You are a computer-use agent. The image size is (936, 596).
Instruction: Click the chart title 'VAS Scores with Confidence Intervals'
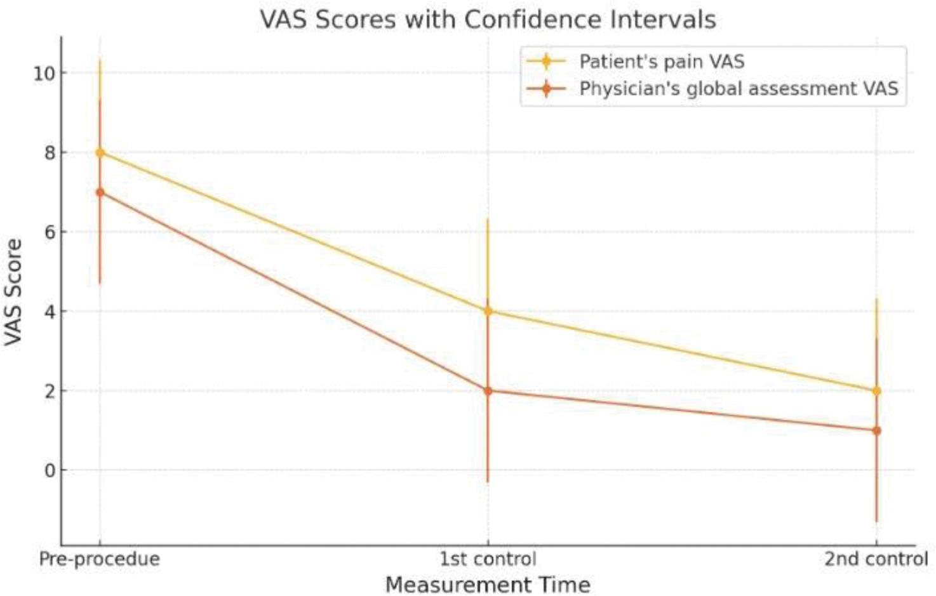[488, 19]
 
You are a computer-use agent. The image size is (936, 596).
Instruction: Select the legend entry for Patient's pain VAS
[661, 62]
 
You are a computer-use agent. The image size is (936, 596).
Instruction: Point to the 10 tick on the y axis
[44, 73]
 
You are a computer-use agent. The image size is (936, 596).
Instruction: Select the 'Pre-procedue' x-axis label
[100, 559]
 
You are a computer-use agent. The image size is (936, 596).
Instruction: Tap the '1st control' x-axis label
[488, 559]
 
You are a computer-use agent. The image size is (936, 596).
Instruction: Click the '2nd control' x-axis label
[876, 559]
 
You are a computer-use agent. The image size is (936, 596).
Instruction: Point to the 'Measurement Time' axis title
[488, 585]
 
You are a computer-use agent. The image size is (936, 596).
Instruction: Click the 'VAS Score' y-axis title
[13, 292]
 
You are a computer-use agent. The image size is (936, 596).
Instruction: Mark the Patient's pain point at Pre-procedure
[100, 152]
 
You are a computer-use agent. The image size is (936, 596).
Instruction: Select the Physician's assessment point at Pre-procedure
[100, 192]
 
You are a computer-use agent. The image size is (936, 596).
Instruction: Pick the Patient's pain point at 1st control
[488, 311]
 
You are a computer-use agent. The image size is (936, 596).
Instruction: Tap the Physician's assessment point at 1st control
[488, 391]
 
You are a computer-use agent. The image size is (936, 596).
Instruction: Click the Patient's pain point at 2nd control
[877, 391]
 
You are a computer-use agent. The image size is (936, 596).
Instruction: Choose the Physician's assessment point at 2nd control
[877, 430]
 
